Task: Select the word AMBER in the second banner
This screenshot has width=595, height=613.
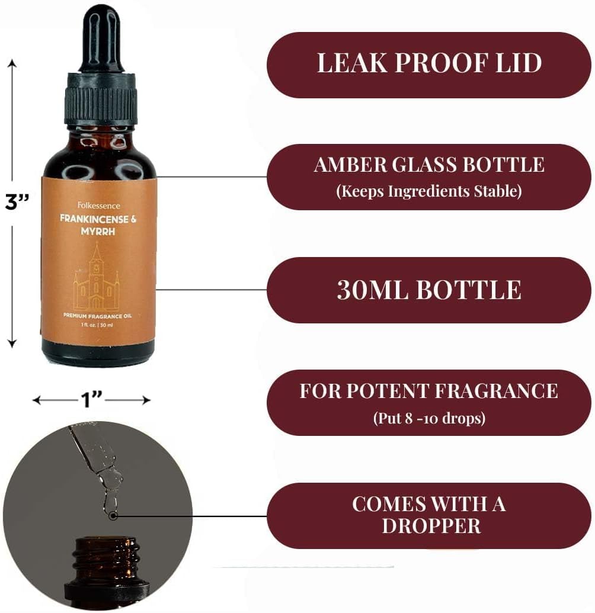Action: (x=350, y=165)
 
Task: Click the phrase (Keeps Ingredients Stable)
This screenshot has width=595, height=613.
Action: (x=428, y=191)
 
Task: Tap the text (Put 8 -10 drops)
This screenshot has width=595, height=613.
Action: (x=429, y=418)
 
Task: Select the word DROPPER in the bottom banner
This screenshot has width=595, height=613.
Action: (x=431, y=526)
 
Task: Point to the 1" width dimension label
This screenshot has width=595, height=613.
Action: (x=91, y=400)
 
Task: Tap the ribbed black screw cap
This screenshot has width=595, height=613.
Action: (x=101, y=100)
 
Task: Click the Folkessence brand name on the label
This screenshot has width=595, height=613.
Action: (x=98, y=206)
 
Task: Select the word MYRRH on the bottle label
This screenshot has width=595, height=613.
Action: (x=98, y=232)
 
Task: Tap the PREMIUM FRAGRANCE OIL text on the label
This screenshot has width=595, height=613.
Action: (x=97, y=316)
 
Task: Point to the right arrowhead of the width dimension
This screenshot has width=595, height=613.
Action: (x=147, y=400)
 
